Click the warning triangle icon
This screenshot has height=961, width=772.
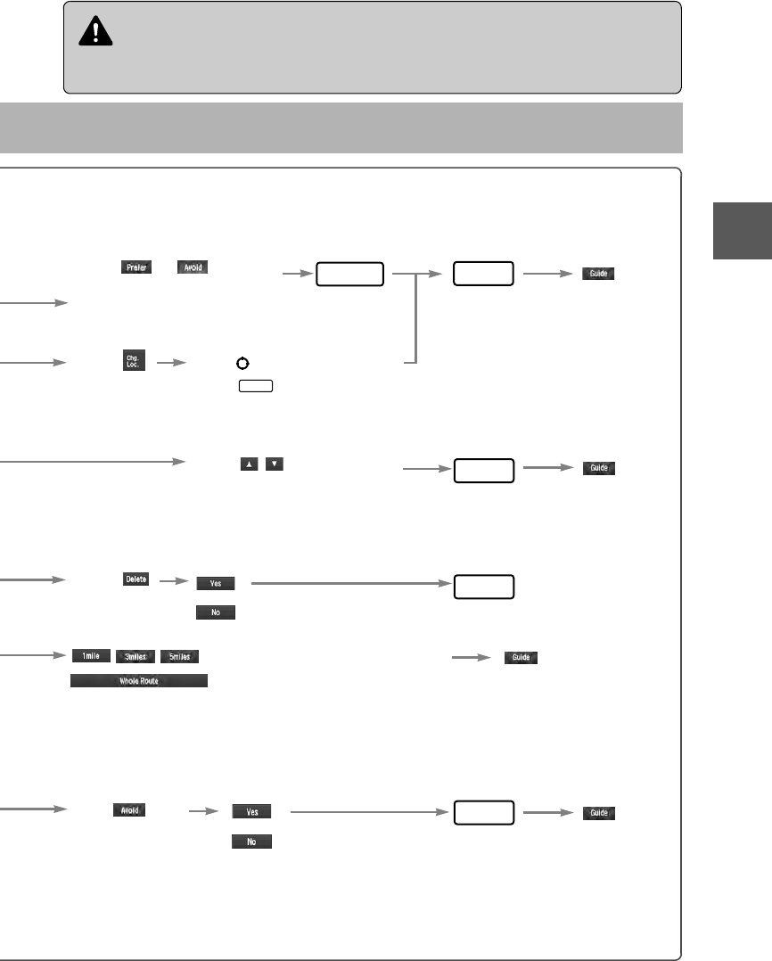click(x=91, y=33)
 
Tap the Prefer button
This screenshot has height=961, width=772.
click(x=136, y=267)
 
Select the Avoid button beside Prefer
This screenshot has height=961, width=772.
click(x=193, y=267)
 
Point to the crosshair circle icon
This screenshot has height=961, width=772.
click(x=241, y=364)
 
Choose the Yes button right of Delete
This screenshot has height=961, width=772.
click(x=216, y=583)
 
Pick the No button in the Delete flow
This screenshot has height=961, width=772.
click(x=216, y=612)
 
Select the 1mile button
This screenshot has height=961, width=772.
click(x=91, y=656)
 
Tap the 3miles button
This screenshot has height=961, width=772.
click(x=136, y=656)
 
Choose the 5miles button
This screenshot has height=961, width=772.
click(x=179, y=656)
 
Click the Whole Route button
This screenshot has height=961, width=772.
click(x=138, y=680)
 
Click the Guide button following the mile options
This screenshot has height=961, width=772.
click(x=522, y=658)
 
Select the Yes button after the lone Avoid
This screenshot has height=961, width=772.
click(x=252, y=812)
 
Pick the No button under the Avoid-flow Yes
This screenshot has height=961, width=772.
click(x=252, y=841)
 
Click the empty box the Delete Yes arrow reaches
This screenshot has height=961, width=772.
click(x=483, y=587)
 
